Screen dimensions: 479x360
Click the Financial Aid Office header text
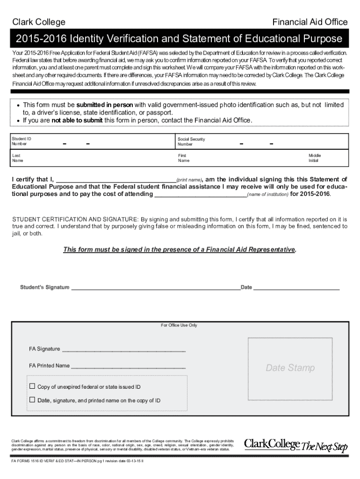(310, 22)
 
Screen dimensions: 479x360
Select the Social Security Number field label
(191, 142)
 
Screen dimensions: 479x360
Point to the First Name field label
(183, 158)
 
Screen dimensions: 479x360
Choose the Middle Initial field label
(314, 158)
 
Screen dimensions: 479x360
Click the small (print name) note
(189, 180)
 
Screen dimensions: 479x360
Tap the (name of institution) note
(267, 195)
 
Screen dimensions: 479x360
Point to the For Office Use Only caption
(179, 325)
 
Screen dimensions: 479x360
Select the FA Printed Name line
(128, 366)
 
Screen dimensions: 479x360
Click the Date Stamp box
(290, 368)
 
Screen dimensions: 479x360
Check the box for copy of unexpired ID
(32, 386)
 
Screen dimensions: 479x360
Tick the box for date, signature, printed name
(32, 400)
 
